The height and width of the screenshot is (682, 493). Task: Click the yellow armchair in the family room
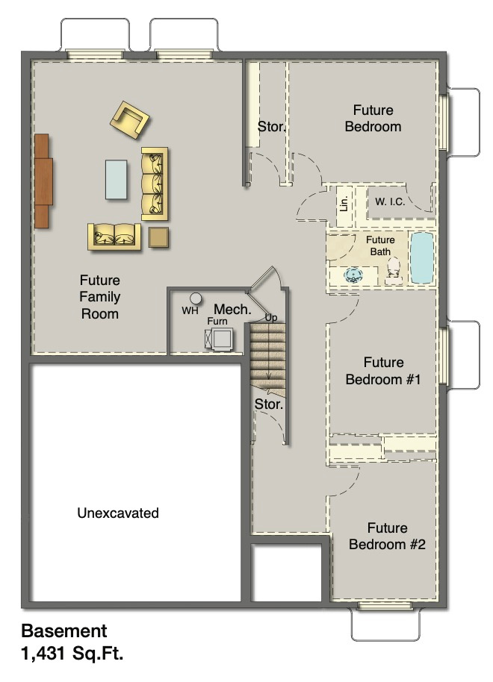130,119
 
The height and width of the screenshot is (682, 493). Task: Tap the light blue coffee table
116,179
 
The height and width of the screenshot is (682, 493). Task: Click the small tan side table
158,237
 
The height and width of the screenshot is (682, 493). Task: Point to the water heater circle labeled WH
196,298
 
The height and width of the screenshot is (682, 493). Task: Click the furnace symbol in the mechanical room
220,338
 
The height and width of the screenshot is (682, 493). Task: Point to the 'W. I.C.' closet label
390,201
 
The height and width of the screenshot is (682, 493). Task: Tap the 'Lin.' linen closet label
344,202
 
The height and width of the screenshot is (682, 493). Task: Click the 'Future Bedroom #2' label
386,536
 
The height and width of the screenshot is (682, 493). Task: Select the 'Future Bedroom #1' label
383,371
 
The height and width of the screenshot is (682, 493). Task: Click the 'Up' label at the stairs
271,318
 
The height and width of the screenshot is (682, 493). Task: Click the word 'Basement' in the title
64,631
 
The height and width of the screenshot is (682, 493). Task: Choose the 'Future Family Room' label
100,297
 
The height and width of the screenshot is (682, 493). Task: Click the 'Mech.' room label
232,309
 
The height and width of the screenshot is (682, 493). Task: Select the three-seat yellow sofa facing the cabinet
155,184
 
